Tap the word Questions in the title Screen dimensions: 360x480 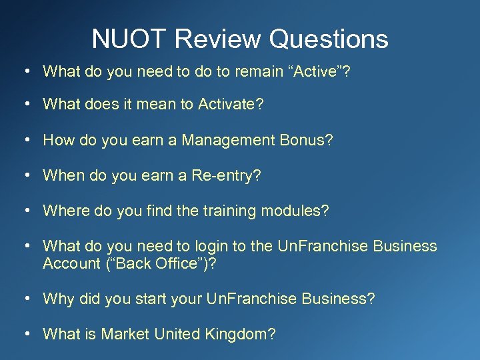point(329,39)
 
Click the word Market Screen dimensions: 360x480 point(125,334)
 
